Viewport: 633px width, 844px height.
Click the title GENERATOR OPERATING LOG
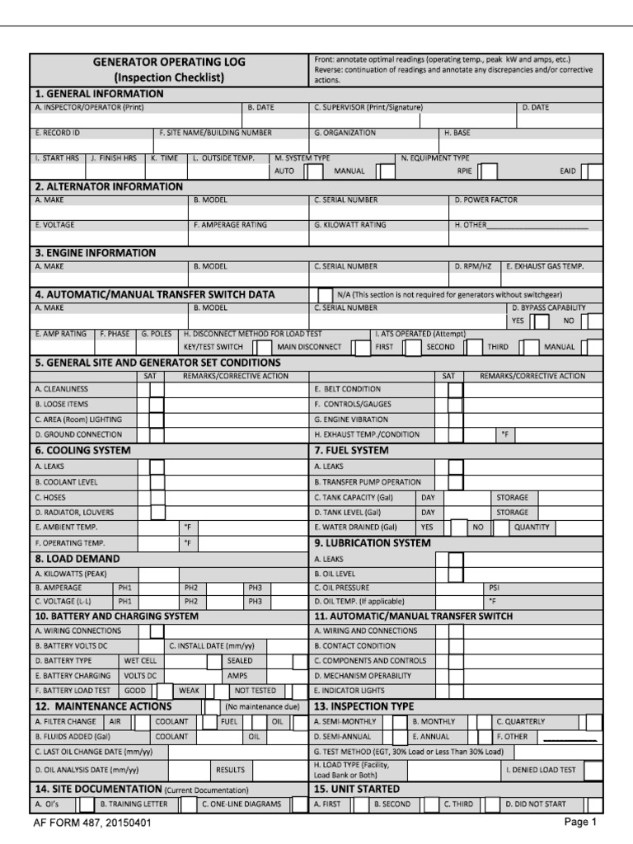tap(168, 62)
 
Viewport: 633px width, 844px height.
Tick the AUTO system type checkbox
tap(314, 171)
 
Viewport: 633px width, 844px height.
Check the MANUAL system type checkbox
tap(385, 171)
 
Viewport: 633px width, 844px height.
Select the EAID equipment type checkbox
tap(590, 171)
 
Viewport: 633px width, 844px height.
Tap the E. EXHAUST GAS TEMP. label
tap(544, 266)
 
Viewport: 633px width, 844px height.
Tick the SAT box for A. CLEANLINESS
tap(157, 389)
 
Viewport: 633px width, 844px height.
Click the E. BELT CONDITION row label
tap(347, 388)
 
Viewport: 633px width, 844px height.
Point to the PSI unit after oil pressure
tap(495, 588)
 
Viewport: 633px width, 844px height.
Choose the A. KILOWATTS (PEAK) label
tap(71, 574)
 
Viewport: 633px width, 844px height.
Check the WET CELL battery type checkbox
tap(213, 661)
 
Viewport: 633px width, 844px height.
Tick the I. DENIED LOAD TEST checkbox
tap(592, 770)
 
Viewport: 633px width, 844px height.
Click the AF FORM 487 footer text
tap(92, 823)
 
